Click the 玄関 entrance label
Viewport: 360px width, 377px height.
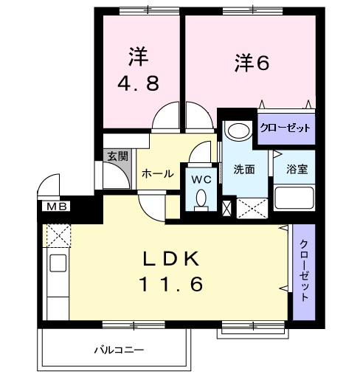pyautogui.click(x=117, y=156)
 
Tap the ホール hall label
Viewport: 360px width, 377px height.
pyautogui.click(x=157, y=174)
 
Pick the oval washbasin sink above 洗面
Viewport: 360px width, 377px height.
pyautogui.click(x=238, y=131)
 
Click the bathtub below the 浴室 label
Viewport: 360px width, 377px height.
pyautogui.click(x=294, y=198)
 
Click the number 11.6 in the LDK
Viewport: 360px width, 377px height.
pyautogui.click(x=170, y=283)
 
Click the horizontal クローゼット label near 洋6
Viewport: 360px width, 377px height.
pyautogui.click(x=285, y=128)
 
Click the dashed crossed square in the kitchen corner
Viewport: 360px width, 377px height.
pyautogui.click(x=57, y=235)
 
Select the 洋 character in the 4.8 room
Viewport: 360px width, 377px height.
pyautogui.click(x=137, y=54)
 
